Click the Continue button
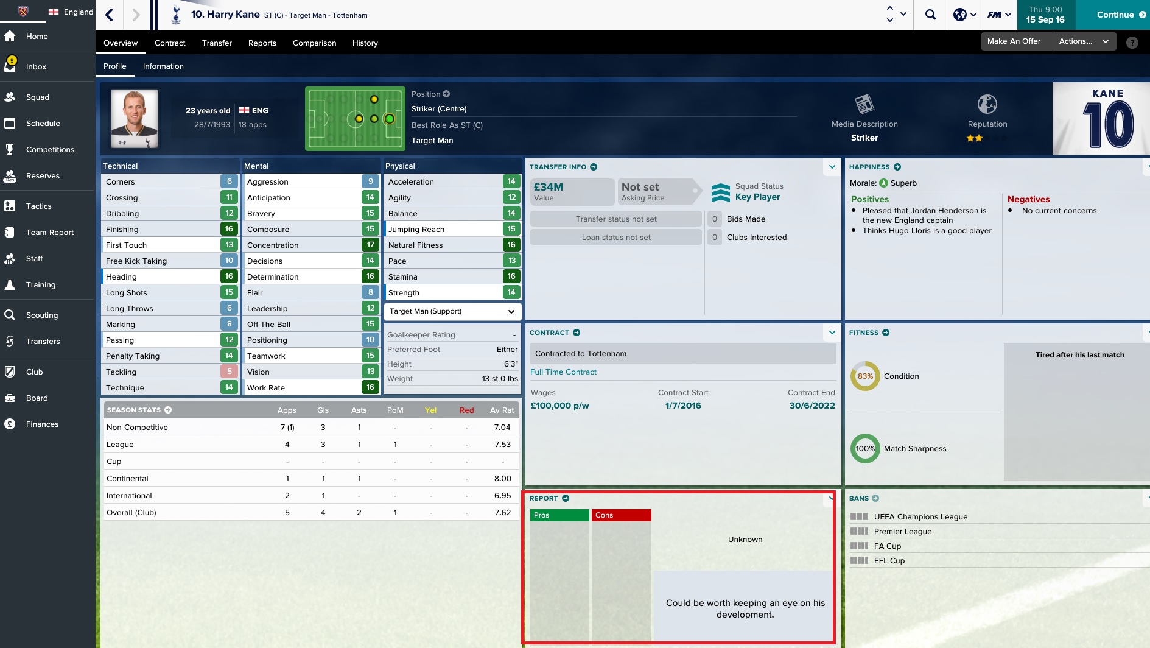[x=1115, y=15]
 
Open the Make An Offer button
[x=1014, y=41]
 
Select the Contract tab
[x=170, y=43]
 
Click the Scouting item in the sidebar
[x=42, y=315]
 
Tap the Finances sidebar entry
[x=42, y=424]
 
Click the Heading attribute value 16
[x=229, y=277]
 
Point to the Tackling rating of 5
[x=229, y=372]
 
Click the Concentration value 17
[x=370, y=245]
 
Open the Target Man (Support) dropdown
[x=452, y=312]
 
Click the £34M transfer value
[x=549, y=188]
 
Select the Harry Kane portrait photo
[x=135, y=118]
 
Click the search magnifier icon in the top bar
[x=930, y=15]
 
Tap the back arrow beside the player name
[x=110, y=15]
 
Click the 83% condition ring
[x=864, y=376]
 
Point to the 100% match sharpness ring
[x=864, y=449]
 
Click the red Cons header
[x=621, y=515]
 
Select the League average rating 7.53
[x=502, y=445]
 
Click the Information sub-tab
[x=163, y=66]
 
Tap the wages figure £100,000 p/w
[x=559, y=406]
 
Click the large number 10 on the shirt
[x=1108, y=125]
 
